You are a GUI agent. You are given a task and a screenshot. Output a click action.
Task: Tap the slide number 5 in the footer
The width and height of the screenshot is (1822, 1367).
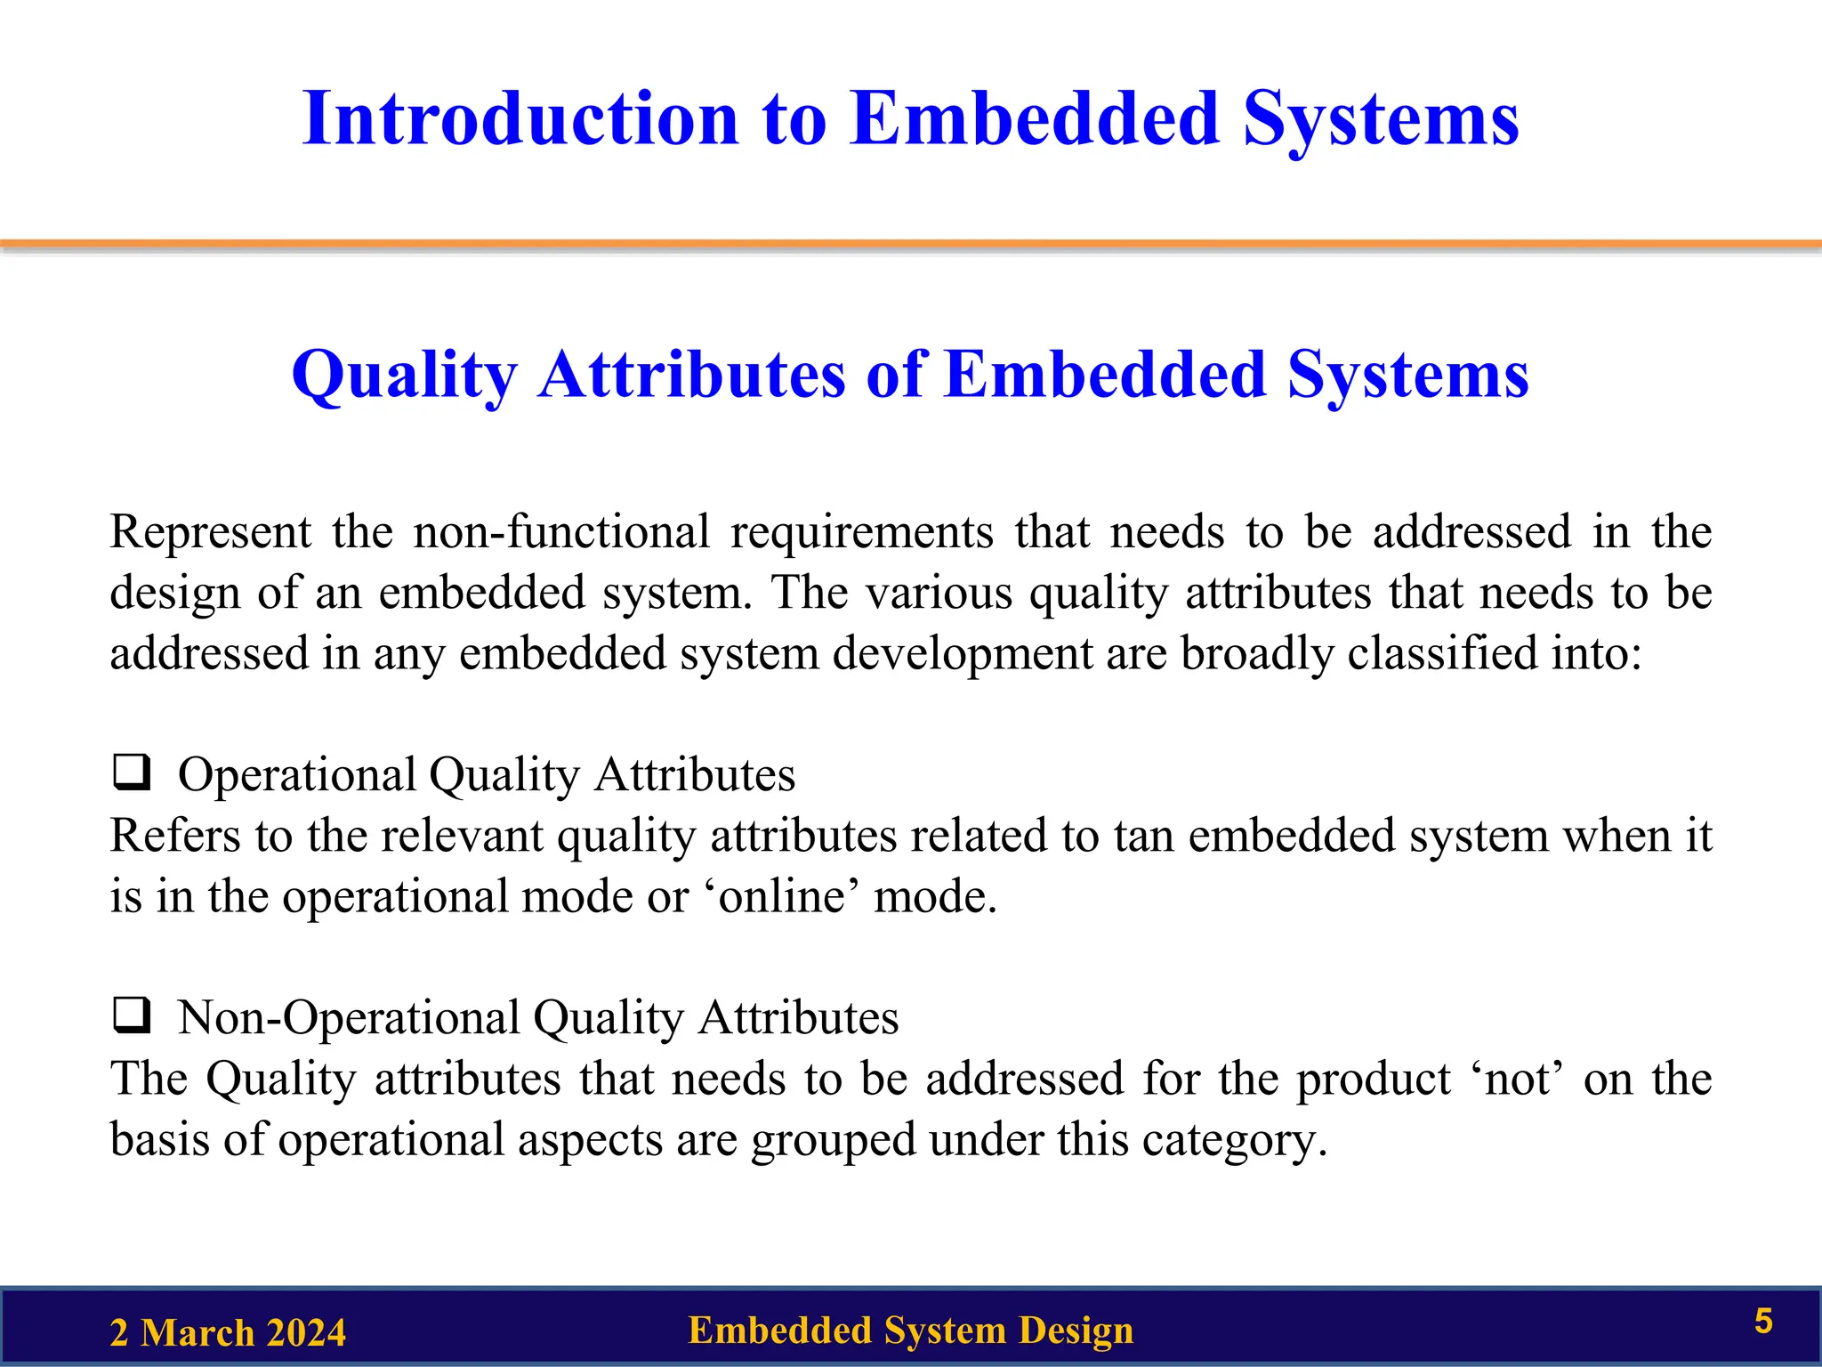(x=1763, y=1322)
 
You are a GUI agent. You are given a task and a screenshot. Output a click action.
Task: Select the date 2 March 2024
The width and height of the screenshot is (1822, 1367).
(x=228, y=1333)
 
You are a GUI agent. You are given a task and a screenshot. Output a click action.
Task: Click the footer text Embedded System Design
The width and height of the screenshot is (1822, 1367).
(x=910, y=1331)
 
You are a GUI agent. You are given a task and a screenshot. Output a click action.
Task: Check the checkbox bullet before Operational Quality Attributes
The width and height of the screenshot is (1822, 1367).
(x=131, y=772)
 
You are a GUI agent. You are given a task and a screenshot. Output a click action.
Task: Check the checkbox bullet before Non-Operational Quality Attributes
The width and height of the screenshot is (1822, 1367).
(x=131, y=1015)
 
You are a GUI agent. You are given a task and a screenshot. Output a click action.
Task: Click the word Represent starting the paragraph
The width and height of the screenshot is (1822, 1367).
(x=210, y=532)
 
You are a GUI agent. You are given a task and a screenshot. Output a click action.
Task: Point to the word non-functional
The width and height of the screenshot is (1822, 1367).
(x=561, y=532)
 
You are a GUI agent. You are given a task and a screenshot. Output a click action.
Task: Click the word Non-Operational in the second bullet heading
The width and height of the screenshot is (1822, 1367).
(x=349, y=1017)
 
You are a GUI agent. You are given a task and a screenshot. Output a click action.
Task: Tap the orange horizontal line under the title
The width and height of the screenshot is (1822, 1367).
(x=911, y=243)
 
